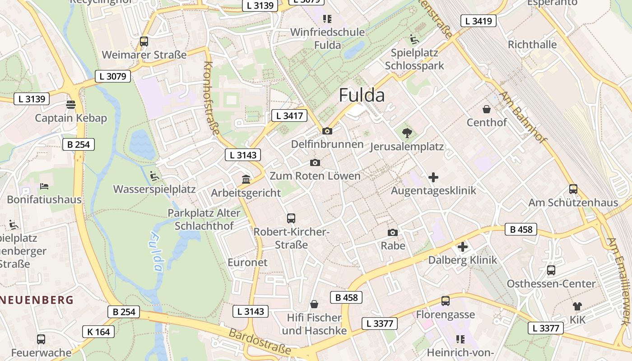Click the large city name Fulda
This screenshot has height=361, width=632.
362,96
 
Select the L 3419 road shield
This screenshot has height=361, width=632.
479,21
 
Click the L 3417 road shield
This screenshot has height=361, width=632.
289,116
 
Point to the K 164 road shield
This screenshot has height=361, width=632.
99,332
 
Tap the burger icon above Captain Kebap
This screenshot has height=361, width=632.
71,105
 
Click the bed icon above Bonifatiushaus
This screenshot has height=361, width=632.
44,186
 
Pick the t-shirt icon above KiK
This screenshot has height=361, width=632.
577,306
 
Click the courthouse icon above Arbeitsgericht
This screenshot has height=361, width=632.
246,180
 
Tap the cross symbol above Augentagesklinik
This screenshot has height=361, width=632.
433,177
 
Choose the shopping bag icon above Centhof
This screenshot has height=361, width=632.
487,109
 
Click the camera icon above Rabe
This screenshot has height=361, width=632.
393,232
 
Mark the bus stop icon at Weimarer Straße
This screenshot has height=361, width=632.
144,42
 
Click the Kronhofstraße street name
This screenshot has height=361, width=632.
211,98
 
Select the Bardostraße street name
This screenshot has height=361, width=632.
260,342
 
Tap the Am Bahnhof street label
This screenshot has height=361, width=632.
522,117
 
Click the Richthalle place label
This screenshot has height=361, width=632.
532,45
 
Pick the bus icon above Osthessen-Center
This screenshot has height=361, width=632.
551,270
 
